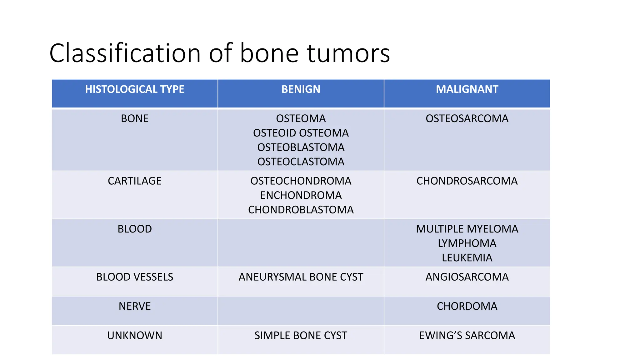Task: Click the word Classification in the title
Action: tap(125, 53)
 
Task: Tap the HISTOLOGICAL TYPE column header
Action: tap(135, 89)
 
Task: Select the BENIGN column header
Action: tap(301, 89)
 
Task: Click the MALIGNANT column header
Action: tap(467, 89)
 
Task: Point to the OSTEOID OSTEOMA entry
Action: tap(301, 133)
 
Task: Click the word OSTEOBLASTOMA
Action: tap(301, 147)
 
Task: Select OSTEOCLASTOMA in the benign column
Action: tap(301, 162)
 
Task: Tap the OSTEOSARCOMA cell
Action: tap(467, 118)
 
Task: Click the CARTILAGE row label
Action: tap(135, 181)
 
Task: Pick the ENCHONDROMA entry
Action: tap(301, 195)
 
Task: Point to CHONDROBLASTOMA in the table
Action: tap(301, 210)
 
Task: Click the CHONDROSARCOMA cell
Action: tap(467, 181)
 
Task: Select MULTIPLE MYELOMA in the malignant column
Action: tap(467, 229)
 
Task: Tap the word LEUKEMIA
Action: tap(467, 257)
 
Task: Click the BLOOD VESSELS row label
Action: tap(135, 277)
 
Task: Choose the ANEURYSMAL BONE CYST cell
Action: tap(301, 277)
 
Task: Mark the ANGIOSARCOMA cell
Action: tap(467, 277)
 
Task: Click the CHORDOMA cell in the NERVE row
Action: tap(467, 306)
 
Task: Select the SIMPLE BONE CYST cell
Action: tap(301, 335)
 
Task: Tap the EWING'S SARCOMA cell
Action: tap(467, 335)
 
